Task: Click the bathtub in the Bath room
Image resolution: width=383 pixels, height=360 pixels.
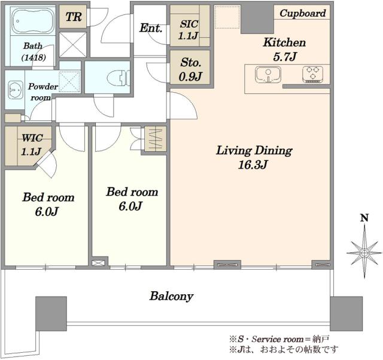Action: point(33,21)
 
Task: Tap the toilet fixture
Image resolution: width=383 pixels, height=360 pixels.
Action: point(118,78)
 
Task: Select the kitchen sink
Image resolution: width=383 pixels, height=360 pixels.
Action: point(268,74)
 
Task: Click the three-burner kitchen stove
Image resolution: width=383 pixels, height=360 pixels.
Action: point(312,74)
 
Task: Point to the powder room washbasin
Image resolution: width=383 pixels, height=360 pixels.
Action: point(13,90)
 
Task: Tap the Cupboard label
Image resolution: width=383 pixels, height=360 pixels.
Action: point(302,13)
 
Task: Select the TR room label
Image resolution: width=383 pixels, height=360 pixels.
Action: point(73,17)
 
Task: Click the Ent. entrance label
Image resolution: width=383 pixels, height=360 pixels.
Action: point(151,28)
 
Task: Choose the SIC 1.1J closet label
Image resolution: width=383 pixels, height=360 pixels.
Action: point(189,30)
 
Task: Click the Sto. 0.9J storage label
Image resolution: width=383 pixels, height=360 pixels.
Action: point(190,69)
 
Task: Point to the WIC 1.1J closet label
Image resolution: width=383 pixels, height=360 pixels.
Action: point(32,145)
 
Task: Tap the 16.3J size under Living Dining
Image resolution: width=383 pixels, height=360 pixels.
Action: point(253,164)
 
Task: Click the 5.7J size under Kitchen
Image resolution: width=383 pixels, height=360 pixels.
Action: point(285,57)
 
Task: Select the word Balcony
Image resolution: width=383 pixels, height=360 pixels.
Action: point(172,296)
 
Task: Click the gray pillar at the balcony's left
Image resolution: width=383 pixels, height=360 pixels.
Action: point(51,313)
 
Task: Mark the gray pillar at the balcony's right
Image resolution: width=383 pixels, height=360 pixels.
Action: point(346,313)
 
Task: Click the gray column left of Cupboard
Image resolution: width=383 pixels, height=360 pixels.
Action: point(257,19)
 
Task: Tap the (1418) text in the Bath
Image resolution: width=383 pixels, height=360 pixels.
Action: point(34,58)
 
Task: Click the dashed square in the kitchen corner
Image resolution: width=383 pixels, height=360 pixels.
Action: point(227,17)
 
